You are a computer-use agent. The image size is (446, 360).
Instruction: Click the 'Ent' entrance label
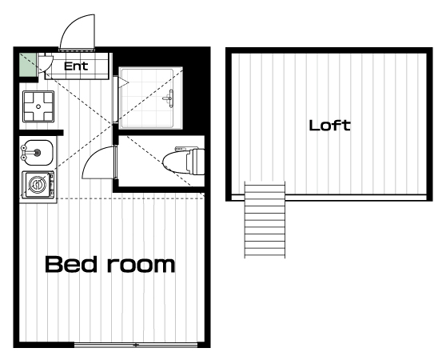pos(76,66)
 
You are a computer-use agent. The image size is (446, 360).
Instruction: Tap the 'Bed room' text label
pos(110,264)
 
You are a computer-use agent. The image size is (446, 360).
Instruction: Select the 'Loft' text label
pos(329,126)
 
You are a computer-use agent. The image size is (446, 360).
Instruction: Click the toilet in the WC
pos(184,161)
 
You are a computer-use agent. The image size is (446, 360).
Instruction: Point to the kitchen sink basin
pos(37,153)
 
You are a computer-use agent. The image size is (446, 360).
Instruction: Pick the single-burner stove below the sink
pos(38,184)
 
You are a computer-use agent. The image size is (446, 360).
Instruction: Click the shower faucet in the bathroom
pos(169,98)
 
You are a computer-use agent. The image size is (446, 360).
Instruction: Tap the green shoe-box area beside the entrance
pos(29,65)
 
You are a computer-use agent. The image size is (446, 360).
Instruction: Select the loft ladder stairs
pos(265,220)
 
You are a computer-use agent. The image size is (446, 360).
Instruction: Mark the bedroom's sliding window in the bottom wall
pos(136,345)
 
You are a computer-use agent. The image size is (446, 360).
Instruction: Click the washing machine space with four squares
pos(38,106)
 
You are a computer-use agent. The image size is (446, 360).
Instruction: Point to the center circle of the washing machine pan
pos(38,106)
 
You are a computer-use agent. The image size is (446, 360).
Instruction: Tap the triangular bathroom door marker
pos(124,83)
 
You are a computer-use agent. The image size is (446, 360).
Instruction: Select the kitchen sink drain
pos(38,153)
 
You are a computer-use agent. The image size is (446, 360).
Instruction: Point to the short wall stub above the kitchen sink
pos(42,132)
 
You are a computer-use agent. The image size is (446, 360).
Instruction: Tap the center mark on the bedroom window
pos(136,345)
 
